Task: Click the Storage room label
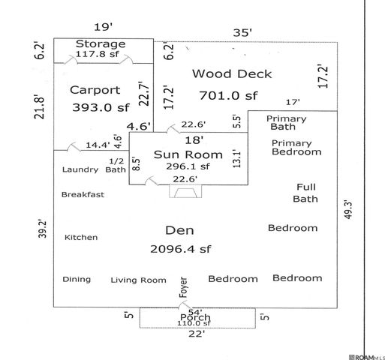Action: (100, 43)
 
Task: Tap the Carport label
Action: (95, 90)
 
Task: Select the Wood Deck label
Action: (232, 73)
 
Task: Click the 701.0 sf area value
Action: (228, 95)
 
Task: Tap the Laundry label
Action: (80, 169)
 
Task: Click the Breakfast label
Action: (83, 194)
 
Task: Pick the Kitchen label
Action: (81, 237)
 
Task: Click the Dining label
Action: (77, 279)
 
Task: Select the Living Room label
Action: (138, 280)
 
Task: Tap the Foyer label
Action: (183, 289)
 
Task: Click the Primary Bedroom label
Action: (296, 147)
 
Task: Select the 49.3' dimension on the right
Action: (347, 211)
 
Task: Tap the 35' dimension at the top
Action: (241, 33)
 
